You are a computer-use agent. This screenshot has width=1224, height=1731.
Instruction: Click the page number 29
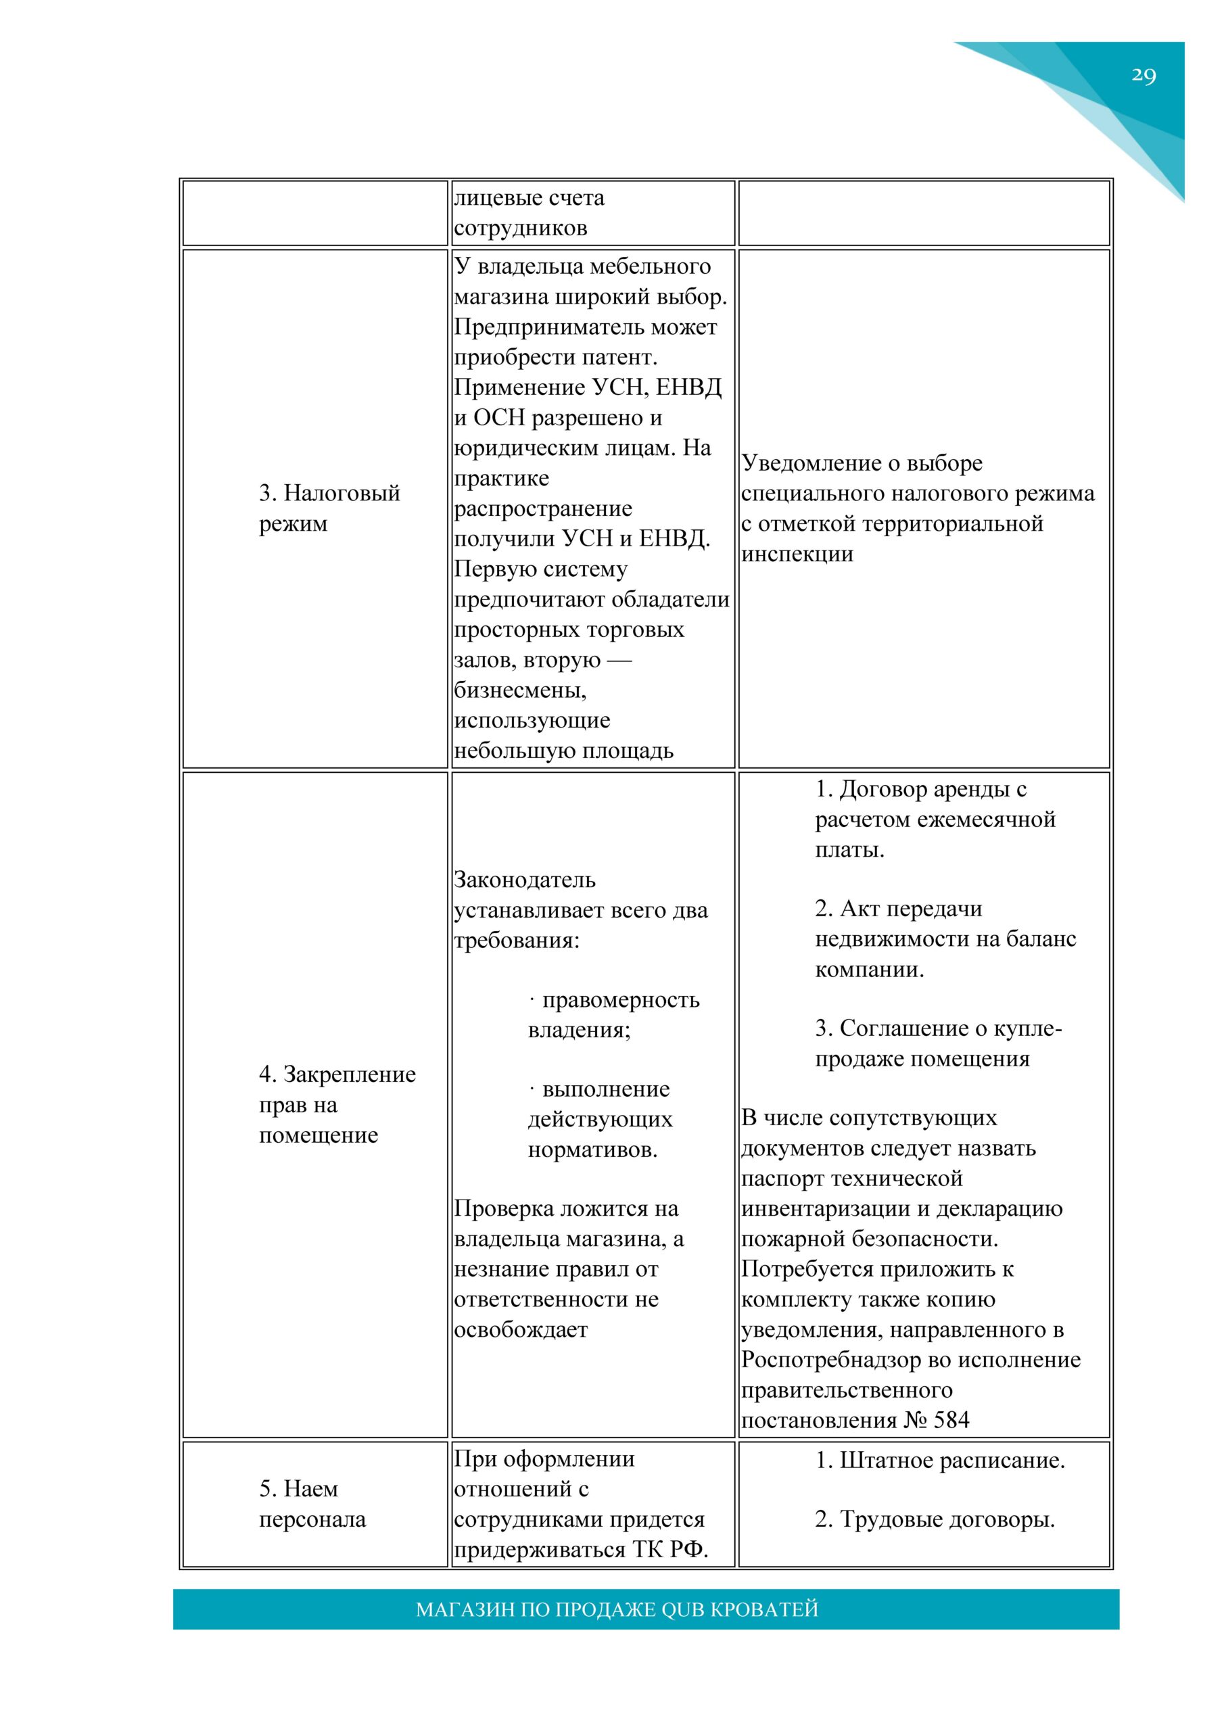pyautogui.click(x=1144, y=75)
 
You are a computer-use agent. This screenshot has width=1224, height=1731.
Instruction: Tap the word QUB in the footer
pyautogui.click(x=682, y=1609)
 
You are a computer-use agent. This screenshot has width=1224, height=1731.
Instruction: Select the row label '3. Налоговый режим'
pyautogui.click(x=329, y=508)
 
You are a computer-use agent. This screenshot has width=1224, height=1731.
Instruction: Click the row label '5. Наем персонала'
pyautogui.click(x=312, y=1503)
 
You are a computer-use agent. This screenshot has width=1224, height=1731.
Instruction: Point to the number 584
pyautogui.click(x=951, y=1421)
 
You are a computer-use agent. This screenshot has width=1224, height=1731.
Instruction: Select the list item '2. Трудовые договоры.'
pyautogui.click(x=935, y=1519)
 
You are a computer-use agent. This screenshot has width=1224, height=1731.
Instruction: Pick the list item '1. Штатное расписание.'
pyautogui.click(x=940, y=1461)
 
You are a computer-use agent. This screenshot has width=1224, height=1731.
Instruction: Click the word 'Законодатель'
pyautogui.click(x=525, y=880)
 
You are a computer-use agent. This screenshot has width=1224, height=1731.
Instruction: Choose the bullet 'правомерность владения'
pyautogui.click(x=615, y=1015)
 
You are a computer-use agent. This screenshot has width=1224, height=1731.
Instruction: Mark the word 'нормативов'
pyautogui.click(x=592, y=1149)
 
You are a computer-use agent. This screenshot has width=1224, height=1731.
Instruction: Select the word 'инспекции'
pyautogui.click(x=797, y=554)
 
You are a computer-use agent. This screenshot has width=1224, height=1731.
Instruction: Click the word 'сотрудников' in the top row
pyautogui.click(x=521, y=228)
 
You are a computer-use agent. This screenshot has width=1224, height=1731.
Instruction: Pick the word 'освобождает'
pyautogui.click(x=521, y=1330)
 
